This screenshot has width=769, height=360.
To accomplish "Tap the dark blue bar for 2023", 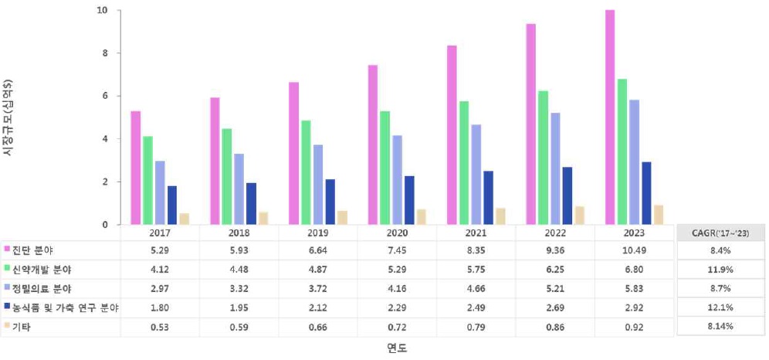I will coord(646,193).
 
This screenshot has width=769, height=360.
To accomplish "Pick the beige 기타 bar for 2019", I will coord(342,217).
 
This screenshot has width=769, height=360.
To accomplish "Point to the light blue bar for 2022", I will coord(555,168).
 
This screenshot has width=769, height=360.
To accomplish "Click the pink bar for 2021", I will coord(452,135).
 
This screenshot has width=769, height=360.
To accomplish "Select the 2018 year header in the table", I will coord(239,233).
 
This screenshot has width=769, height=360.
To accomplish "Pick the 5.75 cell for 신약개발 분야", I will coord(476,269).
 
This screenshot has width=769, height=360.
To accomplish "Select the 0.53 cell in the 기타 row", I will coord(159,327).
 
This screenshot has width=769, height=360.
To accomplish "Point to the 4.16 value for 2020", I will coord(397,288).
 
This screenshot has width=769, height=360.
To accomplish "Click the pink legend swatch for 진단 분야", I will coord(7,250).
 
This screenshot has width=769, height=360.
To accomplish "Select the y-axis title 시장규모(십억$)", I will coord(8,116).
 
